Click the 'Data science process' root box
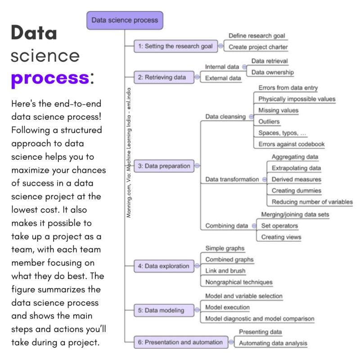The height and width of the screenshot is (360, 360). [x=125, y=20]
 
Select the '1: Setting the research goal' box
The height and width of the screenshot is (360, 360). [x=175, y=46]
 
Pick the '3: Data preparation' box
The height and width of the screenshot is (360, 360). [x=164, y=166]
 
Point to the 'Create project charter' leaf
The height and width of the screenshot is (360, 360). [x=258, y=47]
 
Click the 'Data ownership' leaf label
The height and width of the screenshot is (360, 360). [x=272, y=72]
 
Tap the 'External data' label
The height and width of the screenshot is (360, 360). [x=223, y=78]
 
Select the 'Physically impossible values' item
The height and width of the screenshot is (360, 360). [x=297, y=99]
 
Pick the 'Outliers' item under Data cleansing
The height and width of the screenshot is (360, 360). [x=269, y=121]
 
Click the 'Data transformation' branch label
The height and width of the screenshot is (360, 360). [x=232, y=179]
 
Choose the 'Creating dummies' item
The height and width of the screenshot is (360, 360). [x=296, y=191]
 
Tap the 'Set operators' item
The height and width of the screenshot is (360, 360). [x=279, y=226]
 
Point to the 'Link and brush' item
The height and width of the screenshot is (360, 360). [x=225, y=271]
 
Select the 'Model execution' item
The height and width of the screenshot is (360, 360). [x=227, y=307]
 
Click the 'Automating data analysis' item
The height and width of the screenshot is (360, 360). [x=273, y=343]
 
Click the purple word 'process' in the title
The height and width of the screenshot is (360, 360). [x=49, y=78]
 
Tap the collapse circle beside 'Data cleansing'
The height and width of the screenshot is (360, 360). [x=250, y=117]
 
